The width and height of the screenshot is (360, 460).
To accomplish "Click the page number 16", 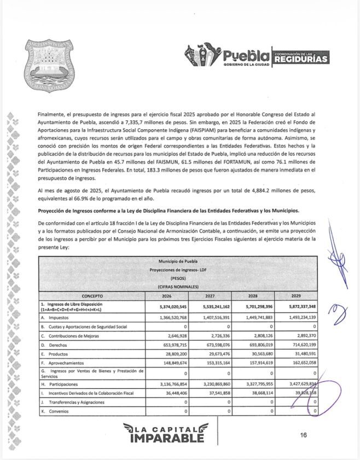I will pyautogui.click(x=303, y=435).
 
